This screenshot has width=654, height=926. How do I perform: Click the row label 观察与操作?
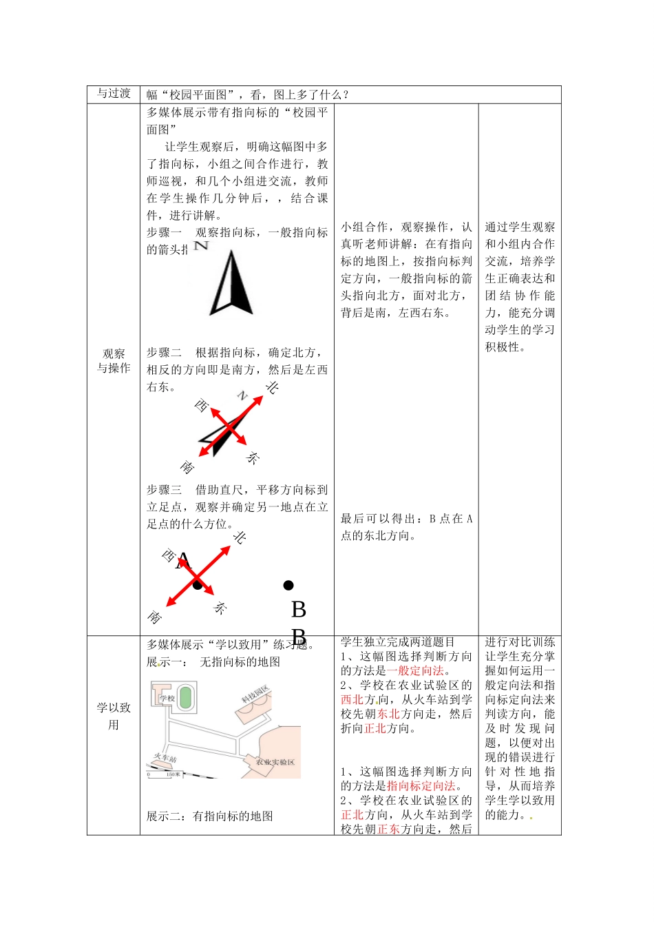click(114, 361)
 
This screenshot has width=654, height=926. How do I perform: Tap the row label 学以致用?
click(114, 716)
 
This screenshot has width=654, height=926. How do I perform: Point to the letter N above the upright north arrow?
click(201, 245)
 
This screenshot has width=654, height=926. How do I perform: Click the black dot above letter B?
click(288, 586)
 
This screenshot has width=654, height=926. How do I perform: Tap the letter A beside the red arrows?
click(182, 562)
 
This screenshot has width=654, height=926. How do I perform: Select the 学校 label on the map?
click(167, 698)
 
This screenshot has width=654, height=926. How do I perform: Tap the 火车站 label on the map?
click(165, 759)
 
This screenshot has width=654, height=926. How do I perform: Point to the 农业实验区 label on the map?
click(275, 762)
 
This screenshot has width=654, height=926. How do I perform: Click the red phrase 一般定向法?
click(415, 670)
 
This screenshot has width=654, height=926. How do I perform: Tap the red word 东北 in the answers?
click(388, 714)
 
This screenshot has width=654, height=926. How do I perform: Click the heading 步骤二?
click(164, 353)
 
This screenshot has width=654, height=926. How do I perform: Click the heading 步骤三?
click(164, 490)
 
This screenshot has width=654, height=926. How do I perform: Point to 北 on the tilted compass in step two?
click(272, 388)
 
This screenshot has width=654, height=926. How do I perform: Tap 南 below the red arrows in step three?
click(155, 617)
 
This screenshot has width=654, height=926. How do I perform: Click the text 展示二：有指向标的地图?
click(210, 816)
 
